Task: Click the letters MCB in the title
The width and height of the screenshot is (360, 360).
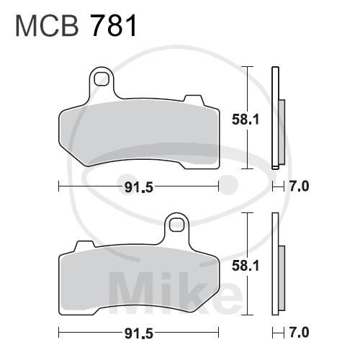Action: point(47,26)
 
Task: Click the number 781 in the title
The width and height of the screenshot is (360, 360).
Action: point(113,26)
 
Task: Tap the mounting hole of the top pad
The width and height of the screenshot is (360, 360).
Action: point(101,78)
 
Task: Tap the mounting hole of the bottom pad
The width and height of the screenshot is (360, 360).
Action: point(176,225)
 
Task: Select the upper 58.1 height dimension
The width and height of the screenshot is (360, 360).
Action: point(246,120)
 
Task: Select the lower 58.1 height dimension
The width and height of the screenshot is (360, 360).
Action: point(246,266)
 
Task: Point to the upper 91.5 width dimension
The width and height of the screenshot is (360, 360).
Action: point(139,187)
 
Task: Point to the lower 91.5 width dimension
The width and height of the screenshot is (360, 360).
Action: point(139,333)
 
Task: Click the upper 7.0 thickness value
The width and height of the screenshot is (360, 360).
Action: point(299,186)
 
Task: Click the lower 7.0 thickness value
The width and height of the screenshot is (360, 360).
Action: point(299,333)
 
